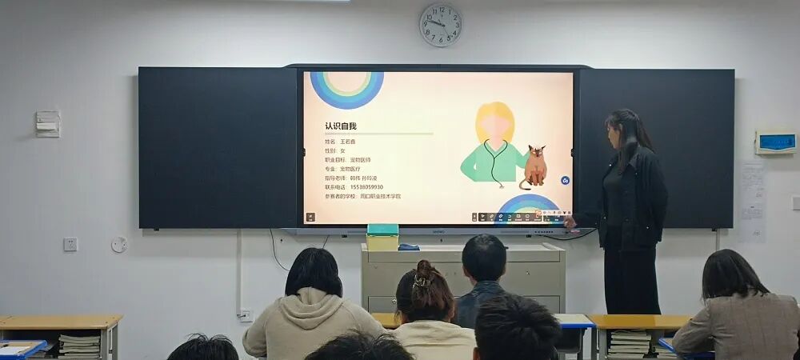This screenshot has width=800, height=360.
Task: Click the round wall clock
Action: (441, 25)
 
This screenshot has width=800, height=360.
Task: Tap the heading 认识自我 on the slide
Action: (341, 126)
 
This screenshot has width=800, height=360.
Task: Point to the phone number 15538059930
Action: (366, 187)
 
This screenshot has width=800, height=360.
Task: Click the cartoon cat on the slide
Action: (534, 166)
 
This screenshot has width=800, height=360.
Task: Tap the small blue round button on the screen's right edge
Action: (565, 181)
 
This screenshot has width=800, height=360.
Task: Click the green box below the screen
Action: (382, 238)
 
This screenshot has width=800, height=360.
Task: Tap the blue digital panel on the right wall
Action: (775, 142)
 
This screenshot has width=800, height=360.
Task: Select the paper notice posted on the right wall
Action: (752, 201)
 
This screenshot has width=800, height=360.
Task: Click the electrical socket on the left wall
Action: (70, 244)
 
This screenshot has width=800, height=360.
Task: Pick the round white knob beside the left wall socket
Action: (118, 244)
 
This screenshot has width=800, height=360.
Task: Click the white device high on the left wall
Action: (48, 123)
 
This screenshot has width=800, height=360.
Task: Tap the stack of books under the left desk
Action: (79, 346)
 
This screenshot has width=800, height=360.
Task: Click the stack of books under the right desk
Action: (629, 343)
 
